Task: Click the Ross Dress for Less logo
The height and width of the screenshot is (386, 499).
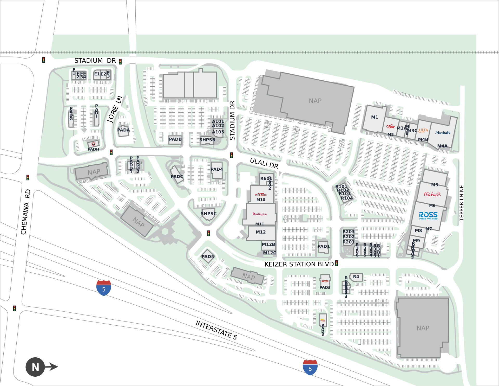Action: click(428, 216)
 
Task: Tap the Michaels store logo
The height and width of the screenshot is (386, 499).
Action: click(432, 194)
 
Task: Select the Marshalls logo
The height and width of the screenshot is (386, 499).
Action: click(442, 133)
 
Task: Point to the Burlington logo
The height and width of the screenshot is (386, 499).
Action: click(260, 214)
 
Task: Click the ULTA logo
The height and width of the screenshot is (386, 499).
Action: click(423, 130)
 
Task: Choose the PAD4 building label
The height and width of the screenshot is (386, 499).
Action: click(217, 169)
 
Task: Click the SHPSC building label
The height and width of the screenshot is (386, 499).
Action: click(208, 214)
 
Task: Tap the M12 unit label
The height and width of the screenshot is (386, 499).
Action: click(261, 232)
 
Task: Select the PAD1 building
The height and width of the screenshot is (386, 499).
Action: click(323, 246)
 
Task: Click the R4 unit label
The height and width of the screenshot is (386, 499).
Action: click(356, 277)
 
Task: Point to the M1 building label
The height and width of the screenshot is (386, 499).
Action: click(375, 117)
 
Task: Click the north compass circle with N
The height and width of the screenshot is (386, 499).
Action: click(35, 367)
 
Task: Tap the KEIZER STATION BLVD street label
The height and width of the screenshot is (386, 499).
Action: click(299, 264)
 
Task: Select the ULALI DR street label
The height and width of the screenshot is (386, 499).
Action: click(264, 163)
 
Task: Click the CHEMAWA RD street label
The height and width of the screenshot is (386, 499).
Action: click(25, 212)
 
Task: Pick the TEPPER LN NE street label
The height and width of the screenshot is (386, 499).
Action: click(462, 203)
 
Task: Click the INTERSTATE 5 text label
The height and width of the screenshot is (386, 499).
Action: click(216, 330)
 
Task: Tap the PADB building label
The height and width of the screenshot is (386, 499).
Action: click(175, 139)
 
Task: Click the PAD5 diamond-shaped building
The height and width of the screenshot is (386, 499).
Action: click(208, 256)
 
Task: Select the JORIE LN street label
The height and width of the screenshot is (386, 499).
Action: click(115, 109)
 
